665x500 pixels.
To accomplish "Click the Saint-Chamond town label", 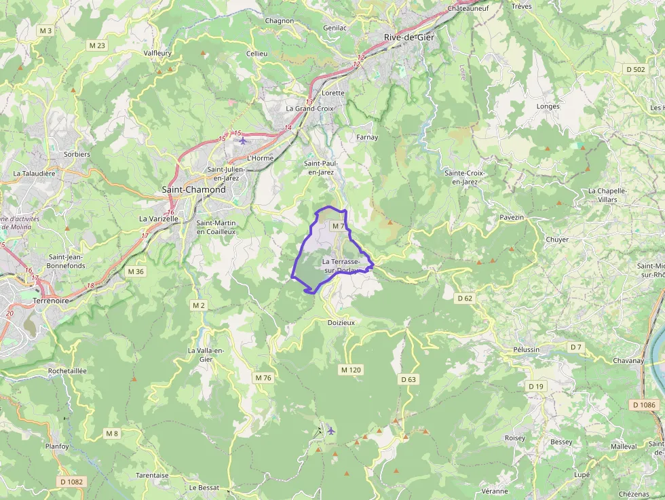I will tap(193, 190).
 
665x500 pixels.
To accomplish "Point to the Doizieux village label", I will tap(341, 323).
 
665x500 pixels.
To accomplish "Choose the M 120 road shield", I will tap(351, 370).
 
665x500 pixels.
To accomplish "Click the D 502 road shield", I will tap(636, 69).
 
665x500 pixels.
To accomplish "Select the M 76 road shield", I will tap(263, 377).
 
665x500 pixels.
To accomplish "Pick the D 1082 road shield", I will tap(71, 482).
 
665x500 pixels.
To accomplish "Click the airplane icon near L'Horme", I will tap(243, 140).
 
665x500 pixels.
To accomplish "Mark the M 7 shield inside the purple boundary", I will tap(339, 226).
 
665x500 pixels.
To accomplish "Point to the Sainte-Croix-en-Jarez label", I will tap(464, 177).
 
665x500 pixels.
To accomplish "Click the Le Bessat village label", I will tap(204, 487).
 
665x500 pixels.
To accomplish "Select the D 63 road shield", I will tap(408, 379).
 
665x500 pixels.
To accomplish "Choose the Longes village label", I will tap(548, 107).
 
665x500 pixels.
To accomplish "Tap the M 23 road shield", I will tap(97, 45).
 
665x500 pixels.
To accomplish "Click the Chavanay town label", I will tap(628, 361).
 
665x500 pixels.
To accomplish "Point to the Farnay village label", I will tap(367, 137).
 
